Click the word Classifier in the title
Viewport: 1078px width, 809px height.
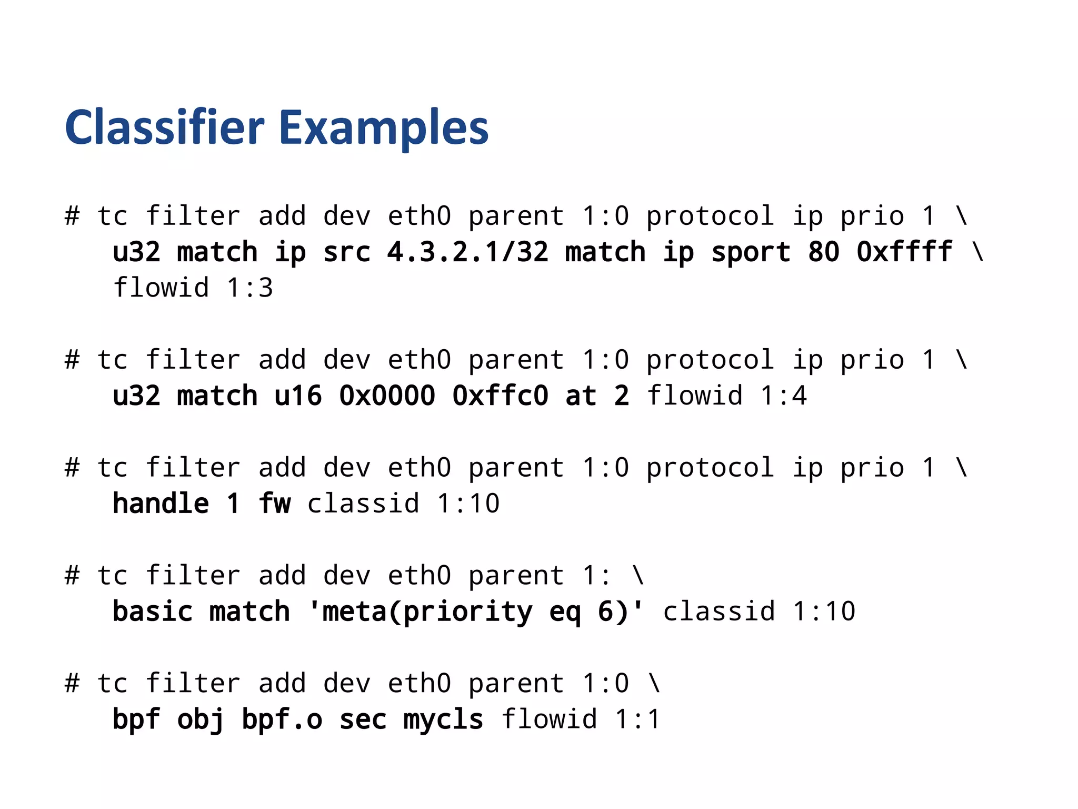coord(164,127)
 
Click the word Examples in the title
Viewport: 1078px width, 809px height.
coord(384,129)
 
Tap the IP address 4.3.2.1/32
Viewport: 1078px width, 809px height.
coord(468,252)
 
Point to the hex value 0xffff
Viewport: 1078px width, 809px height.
coord(904,252)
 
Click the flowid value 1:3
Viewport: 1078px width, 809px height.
coord(250,288)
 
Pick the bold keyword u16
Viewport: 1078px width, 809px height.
coord(298,396)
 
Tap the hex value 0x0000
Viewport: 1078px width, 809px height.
coord(387,396)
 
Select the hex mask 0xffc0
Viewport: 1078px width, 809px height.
coord(500,396)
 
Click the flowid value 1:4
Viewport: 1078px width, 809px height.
coord(783,396)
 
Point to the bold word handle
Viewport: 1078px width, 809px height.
coord(161,504)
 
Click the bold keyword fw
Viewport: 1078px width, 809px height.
coord(274,504)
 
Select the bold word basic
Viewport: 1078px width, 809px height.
coord(153,611)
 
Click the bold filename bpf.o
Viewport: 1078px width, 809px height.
coord(282,719)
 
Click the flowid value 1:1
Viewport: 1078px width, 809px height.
coord(637,719)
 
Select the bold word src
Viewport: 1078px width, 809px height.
coord(347,252)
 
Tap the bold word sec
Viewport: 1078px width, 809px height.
coord(363,719)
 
